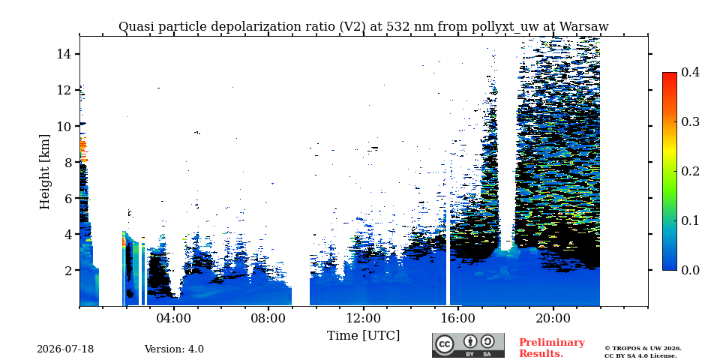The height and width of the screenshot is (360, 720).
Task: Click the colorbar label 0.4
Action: pos(690,72)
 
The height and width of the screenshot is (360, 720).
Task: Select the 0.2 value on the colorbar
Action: pos(690,171)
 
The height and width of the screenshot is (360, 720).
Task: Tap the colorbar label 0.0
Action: pos(690,270)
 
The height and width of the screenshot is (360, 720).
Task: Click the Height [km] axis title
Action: pos(44,172)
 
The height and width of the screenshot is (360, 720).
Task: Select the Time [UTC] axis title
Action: pos(363,336)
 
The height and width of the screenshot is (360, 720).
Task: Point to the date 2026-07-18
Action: pos(65,349)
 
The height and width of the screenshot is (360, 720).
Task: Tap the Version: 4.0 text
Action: pos(174,349)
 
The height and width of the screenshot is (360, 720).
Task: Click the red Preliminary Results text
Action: pos(552,348)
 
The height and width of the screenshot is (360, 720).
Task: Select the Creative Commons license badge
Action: pos(468,345)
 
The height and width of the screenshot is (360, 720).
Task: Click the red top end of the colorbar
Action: pos(670,73)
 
